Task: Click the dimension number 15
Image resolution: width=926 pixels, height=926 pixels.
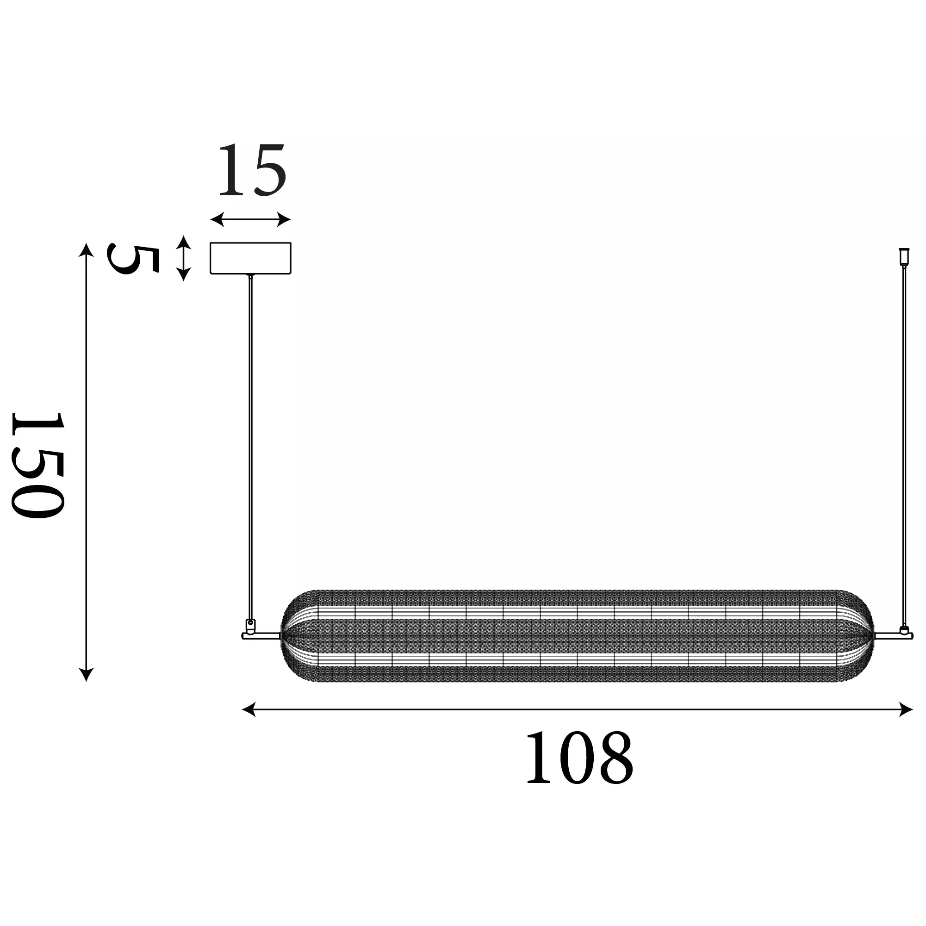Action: pyautogui.click(x=253, y=170)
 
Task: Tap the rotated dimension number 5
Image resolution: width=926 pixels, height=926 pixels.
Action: pyautogui.click(x=133, y=259)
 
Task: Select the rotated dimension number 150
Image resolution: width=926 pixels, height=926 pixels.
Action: pyautogui.click(x=38, y=465)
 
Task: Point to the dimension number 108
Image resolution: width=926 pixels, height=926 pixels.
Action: pyautogui.click(x=579, y=757)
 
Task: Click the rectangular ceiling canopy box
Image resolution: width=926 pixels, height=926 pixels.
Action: pyautogui.click(x=251, y=258)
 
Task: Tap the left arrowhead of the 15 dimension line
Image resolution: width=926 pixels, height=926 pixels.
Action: pyautogui.click(x=217, y=220)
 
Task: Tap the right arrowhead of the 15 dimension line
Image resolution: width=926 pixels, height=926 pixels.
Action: pyautogui.click(x=284, y=220)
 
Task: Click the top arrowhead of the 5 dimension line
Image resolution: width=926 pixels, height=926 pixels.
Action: pyautogui.click(x=184, y=242)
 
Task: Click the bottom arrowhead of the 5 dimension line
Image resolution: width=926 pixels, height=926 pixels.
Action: pyautogui.click(x=184, y=274)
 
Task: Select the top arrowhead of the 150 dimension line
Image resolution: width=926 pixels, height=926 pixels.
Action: pyautogui.click(x=86, y=250)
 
